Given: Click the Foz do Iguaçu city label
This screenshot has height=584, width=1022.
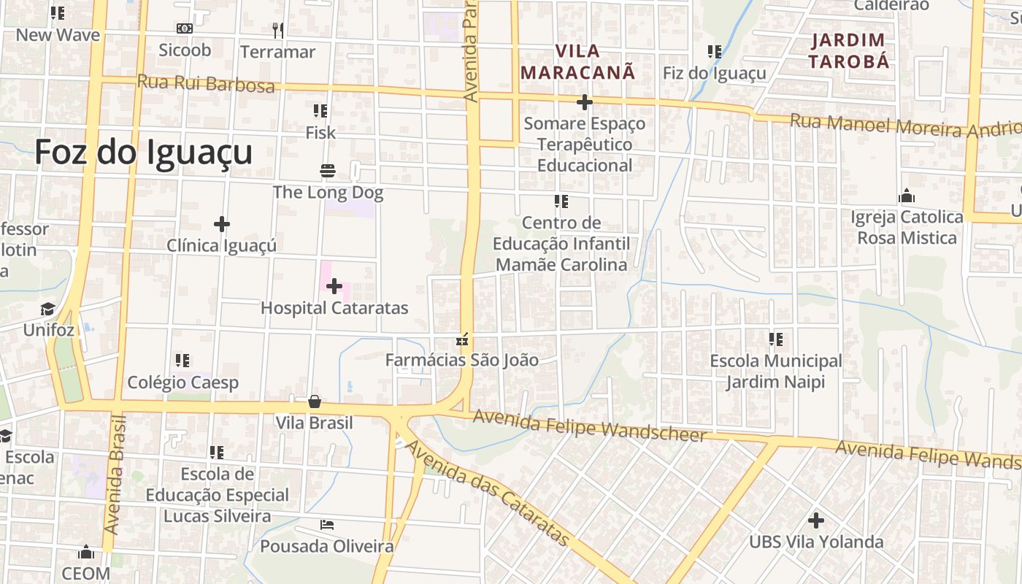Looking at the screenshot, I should pos(143,153).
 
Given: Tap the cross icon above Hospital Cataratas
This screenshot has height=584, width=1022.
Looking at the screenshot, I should pos(334,286).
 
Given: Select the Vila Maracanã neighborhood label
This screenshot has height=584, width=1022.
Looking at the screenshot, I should pos(577,62).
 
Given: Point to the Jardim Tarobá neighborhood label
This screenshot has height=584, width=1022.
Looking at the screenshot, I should pos(848,50).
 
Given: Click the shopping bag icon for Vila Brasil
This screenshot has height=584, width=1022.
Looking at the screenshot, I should pos(315,401).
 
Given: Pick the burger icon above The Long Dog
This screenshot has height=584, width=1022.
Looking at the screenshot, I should pos(327,171).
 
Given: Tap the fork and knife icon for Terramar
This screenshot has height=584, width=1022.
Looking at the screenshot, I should pos(277,30).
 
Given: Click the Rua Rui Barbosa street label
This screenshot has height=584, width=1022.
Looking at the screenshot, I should pos(206,84).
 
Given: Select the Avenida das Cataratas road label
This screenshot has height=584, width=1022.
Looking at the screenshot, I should pos(488,493).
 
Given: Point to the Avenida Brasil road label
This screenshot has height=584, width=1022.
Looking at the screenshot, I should pos(115,474).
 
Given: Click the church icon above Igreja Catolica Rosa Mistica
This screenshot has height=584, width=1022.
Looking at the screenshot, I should pos(907,196).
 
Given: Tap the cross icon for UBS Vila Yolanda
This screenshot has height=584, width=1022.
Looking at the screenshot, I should pos(816,520).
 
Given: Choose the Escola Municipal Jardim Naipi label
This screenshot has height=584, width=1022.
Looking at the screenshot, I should pos(775,372).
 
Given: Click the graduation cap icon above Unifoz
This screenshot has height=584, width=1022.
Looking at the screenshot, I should pos(48,309).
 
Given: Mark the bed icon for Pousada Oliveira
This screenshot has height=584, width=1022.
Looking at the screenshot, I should pos(327,525).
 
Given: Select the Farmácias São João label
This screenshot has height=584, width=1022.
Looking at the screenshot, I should pos(461,360).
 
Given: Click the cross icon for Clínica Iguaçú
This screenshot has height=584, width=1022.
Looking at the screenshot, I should pos(222,224).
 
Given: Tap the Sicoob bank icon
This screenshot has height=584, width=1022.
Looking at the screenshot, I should pos(185,28).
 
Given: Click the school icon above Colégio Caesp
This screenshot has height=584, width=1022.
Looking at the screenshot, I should pos(182,361).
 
